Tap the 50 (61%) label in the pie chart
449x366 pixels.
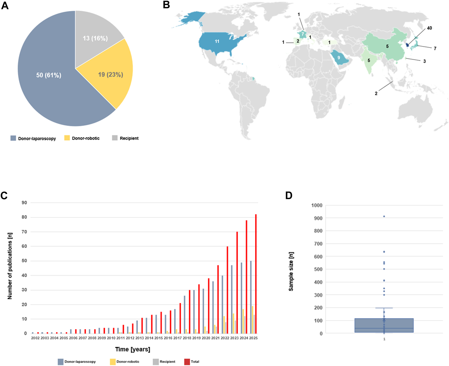(x=49, y=75)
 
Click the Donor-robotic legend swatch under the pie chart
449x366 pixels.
(x=67, y=138)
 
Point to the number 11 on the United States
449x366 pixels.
(x=217, y=41)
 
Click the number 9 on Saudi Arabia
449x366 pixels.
(x=339, y=58)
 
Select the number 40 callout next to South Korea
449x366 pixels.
(x=429, y=28)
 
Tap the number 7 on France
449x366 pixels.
(x=303, y=34)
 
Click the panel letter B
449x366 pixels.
(x=166, y=5)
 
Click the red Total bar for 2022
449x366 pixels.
(x=228, y=290)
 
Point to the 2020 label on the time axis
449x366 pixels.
(x=206, y=338)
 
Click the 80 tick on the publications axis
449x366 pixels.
(x=24, y=217)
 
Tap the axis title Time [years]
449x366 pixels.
(x=133, y=349)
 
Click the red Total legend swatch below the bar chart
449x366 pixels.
(x=187, y=362)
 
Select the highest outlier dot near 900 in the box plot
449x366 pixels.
(x=384, y=217)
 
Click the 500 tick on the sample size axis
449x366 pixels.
(x=317, y=269)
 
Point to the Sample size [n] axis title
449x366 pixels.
(x=291, y=271)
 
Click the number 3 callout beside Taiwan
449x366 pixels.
(x=424, y=61)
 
